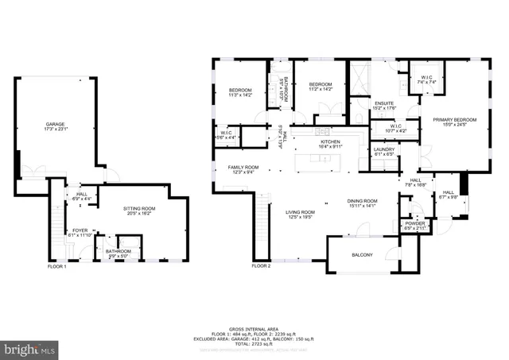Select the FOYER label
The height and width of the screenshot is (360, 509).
pyautogui.click(x=80, y=233)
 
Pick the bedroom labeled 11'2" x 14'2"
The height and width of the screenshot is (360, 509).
pyautogui.click(x=320, y=86)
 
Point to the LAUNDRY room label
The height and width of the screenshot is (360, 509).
pyautogui.click(x=383, y=150)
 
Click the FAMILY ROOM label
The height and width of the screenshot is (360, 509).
pyautogui.click(x=240, y=168)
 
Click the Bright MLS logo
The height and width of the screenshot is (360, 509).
pyautogui.click(x=30, y=349)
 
